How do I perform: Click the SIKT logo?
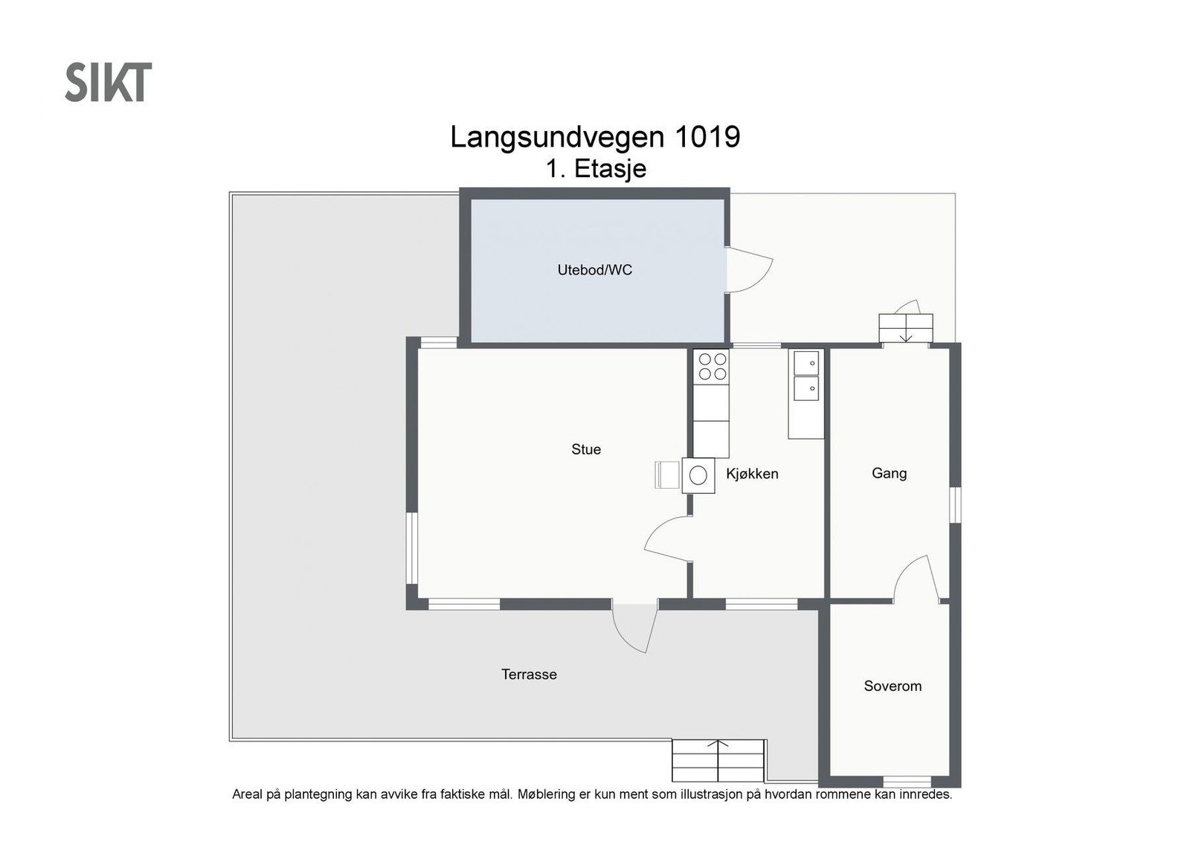[x=109, y=82]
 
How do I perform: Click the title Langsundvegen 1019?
[x=595, y=137]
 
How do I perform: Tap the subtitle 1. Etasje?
[x=596, y=169]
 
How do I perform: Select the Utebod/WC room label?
[x=594, y=270]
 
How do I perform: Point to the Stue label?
[x=586, y=449]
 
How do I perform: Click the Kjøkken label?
[x=752, y=473]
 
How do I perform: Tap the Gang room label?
[x=889, y=473]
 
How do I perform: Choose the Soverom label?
[x=892, y=686]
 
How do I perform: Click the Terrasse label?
[x=529, y=674]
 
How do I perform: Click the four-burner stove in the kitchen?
[x=712, y=367]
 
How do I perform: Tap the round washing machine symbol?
[x=698, y=475]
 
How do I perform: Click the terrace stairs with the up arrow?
[x=718, y=761]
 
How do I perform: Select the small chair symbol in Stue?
[x=666, y=475]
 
